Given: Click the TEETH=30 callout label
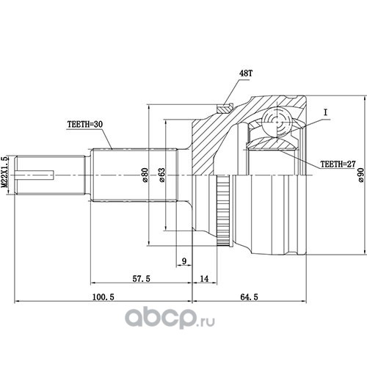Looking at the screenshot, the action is (x=85, y=124).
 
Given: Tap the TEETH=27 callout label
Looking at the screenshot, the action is (x=338, y=164).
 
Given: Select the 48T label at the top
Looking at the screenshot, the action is (x=245, y=73).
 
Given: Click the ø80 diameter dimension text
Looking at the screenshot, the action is (x=145, y=175).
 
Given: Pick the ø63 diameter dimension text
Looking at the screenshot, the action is (x=161, y=175).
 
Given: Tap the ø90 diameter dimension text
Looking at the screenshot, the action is (x=361, y=175).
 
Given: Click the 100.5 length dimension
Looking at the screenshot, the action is (x=103, y=297).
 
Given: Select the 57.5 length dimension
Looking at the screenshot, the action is (x=141, y=278).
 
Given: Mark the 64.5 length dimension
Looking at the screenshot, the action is (x=249, y=297).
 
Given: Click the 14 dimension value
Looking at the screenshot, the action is (x=204, y=278).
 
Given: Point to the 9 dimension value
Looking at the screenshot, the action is (x=184, y=261).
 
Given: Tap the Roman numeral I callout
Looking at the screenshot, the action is (x=325, y=112).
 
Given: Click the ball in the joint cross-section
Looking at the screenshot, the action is (x=277, y=121).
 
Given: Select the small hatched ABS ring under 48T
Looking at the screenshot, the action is (x=225, y=109).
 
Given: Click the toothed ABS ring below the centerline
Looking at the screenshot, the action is (x=223, y=211).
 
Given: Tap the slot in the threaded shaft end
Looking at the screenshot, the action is (x=34, y=175).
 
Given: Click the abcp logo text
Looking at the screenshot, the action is (x=161, y=317).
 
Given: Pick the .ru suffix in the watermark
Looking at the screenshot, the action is (x=206, y=321).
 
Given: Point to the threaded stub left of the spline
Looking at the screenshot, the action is (x=50, y=175).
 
